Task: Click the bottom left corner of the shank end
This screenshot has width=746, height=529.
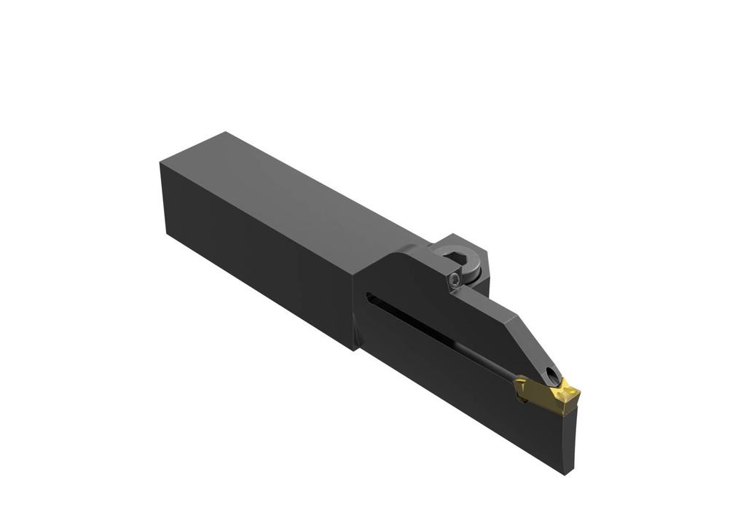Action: click(x=168, y=230)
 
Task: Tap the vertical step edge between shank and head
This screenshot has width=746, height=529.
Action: click(x=356, y=306)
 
